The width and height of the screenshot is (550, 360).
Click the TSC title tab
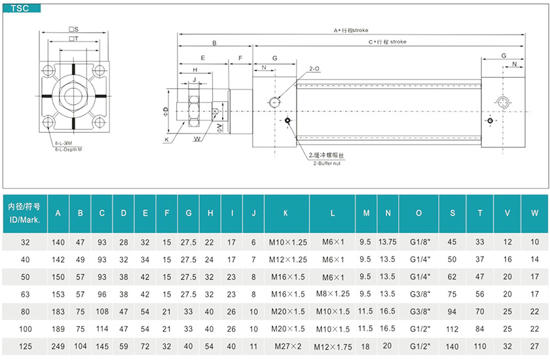point(22,8)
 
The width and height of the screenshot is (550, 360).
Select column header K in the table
point(286,213)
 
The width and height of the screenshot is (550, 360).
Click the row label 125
point(26,347)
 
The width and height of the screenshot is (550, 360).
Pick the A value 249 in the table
point(58,347)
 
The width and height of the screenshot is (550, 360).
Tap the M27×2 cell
point(288,347)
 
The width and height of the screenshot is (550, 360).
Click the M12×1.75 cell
point(333,347)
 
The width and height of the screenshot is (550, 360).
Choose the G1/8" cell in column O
point(420,242)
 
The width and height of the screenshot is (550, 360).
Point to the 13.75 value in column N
point(388,242)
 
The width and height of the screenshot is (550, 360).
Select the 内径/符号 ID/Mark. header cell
point(25,213)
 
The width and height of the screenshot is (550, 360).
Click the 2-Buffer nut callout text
point(327,164)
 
